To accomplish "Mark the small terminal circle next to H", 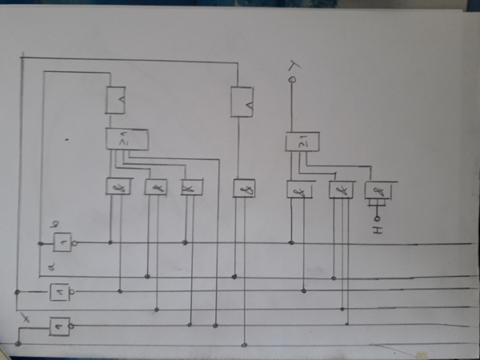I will [378, 217].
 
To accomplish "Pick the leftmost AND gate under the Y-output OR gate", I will [298, 190].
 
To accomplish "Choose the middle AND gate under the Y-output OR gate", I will [342, 190].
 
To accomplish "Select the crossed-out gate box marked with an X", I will [192, 187].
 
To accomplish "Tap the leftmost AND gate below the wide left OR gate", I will [118, 186].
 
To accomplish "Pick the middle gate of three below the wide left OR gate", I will [154, 187].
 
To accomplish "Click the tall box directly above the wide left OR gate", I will [117, 100].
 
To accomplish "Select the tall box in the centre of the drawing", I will [242, 102].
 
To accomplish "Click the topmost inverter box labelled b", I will [62, 241].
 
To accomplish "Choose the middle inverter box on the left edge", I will [60, 293].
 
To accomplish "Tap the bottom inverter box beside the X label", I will [59, 326].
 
